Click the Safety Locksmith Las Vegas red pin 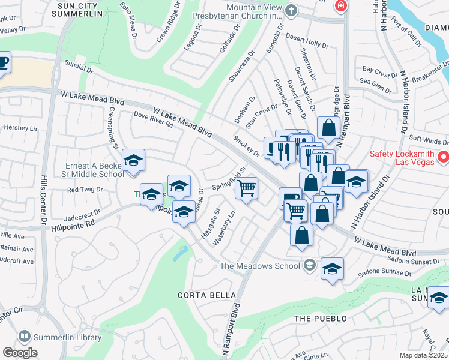(443, 158)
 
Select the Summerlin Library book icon (25, 337)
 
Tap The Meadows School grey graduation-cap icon (310, 265)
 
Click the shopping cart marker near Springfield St (246, 188)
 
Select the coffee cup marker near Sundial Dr (3, 62)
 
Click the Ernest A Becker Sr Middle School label (95, 170)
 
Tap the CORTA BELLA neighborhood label (200, 295)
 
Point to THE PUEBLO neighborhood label (321, 318)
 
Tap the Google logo (20, 353)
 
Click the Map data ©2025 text (423, 355)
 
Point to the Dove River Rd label (153, 119)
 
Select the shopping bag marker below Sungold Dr (328, 128)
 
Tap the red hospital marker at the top (341, 5)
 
